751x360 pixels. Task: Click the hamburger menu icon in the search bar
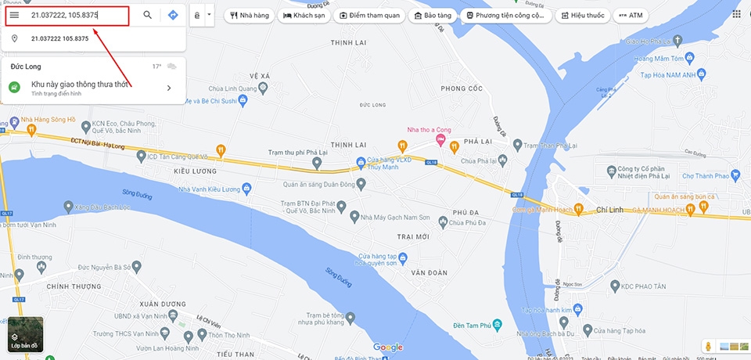tap(14, 15)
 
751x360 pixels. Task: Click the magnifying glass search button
tap(147, 15)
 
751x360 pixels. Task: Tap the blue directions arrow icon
tap(173, 15)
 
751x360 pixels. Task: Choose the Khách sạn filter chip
tap(305, 15)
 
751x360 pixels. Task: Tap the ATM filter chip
tap(631, 15)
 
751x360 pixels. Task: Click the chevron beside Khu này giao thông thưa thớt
tap(169, 88)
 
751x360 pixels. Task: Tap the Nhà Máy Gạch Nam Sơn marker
tap(354, 216)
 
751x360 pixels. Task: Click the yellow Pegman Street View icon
tap(708, 345)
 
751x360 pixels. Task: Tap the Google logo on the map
tap(387, 347)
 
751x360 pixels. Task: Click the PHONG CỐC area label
tap(462, 88)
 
